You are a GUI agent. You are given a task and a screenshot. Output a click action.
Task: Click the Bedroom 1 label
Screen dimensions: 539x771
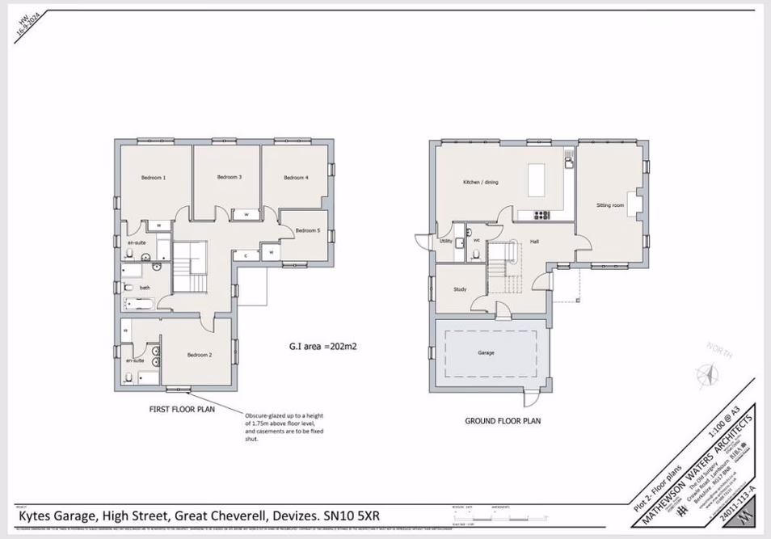pyautogui.click(x=154, y=178)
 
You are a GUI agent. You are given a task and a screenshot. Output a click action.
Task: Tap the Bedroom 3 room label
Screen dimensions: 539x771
pyautogui.click(x=230, y=177)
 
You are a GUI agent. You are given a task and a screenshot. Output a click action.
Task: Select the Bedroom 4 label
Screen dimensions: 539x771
pyautogui.click(x=296, y=178)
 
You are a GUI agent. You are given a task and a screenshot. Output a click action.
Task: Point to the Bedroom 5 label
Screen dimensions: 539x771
pyautogui.click(x=308, y=231)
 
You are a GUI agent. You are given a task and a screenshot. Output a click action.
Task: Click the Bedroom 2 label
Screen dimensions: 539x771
pyautogui.click(x=200, y=355)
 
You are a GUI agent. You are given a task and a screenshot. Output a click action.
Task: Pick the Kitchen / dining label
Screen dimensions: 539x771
pyautogui.click(x=480, y=183)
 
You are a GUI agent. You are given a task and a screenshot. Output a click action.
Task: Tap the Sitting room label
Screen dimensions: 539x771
pyautogui.click(x=610, y=206)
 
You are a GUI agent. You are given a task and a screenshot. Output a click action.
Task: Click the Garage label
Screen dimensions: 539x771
pyautogui.click(x=486, y=353)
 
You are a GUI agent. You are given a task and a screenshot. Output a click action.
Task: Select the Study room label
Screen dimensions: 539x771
pyautogui.click(x=460, y=288)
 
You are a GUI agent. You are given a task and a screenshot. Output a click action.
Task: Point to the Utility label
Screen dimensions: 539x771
pyautogui.click(x=445, y=241)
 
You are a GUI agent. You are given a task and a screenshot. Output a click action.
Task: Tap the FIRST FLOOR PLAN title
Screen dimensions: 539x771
pyautogui.click(x=182, y=410)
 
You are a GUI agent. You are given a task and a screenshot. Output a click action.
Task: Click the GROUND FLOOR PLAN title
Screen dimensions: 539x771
pyautogui.click(x=503, y=421)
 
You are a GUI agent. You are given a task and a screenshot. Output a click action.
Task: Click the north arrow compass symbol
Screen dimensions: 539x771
pyautogui.click(x=707, y=373)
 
